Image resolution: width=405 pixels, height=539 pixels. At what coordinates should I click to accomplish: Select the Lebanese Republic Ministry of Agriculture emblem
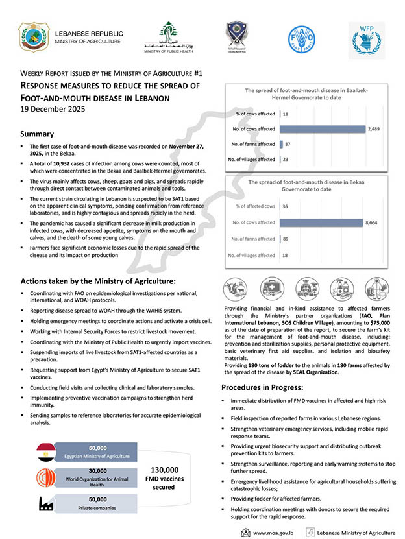[34, 37]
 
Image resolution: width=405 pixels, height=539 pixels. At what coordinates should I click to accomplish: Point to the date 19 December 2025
[49, 109]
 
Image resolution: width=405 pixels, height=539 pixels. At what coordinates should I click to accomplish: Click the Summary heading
[36, 134]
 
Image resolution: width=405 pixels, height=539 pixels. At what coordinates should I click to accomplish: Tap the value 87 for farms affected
[288, 144]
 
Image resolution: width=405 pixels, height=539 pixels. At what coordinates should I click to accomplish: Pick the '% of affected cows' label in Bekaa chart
[256, 206]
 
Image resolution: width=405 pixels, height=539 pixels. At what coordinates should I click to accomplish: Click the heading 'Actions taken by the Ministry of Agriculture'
[98, 281]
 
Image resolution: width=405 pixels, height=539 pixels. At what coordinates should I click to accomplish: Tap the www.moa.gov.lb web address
[273, 532]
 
